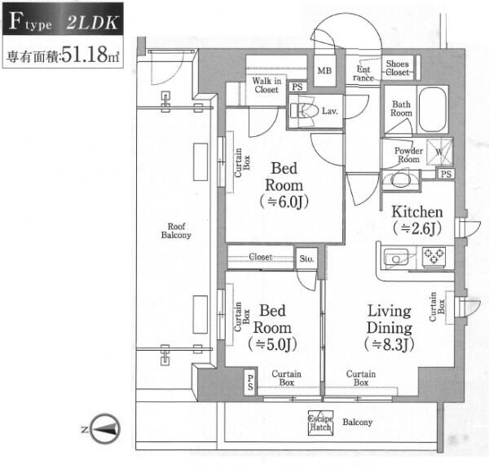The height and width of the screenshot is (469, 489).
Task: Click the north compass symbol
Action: (x=106, y=429)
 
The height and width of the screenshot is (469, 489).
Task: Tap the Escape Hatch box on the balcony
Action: (x=320, y=423)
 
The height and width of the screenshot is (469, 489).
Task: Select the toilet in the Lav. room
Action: (x=304, y=111)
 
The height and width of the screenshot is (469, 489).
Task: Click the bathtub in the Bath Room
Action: (x=432, y=109)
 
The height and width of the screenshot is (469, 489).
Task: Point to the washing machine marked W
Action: (x=439, y=152)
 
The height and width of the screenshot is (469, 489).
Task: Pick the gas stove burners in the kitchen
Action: (x=434, y=257)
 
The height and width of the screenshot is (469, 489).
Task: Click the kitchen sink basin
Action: (x=396, y=258)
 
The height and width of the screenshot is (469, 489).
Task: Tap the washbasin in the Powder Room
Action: (x=400, y=179)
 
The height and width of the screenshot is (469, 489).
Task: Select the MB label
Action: (x=324, y=71)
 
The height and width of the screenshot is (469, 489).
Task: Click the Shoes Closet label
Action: (x=398, y=68)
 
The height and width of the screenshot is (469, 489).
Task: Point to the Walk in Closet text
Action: (x=267, y=85)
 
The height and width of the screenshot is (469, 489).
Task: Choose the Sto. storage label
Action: (x=306, y=259)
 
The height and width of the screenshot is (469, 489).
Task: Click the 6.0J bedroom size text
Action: (x=284, y=202)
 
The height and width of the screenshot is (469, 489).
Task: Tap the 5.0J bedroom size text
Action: (x=272, y=344)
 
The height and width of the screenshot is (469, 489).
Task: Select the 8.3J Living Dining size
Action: (x=390, y=344)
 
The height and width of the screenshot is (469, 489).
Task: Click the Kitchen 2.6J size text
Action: (x=417, y=228)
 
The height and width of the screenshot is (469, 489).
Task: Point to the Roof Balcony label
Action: (x=176, y=231)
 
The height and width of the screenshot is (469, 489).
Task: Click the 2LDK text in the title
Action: (x=92, y=23)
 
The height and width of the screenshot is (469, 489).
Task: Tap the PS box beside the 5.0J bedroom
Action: (x=250, y=383)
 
